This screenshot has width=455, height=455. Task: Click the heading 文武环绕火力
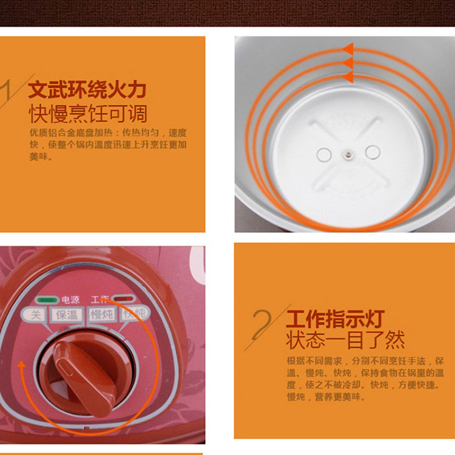(x=87, y=90)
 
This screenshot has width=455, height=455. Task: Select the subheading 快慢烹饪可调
(x=88, y=114)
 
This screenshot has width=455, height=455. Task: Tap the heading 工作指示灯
(x=335, y=319)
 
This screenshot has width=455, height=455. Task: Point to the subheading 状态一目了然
(x=345, y=340)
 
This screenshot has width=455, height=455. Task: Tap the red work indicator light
(x=124, y=299)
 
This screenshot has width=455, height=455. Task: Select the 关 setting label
(x=35, y=314)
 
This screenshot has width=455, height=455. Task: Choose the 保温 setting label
(x=67, y=314)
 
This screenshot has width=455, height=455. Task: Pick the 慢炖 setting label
(x=101, y=314)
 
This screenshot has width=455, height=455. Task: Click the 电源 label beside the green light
(x=70, y=300)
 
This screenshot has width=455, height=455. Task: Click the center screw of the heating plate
(x=348, y=154)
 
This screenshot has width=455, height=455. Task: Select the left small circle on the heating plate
(x=324, y=155)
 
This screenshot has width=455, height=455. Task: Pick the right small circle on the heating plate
(x=372, y=152)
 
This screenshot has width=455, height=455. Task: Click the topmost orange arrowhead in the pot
(x=348, y=49)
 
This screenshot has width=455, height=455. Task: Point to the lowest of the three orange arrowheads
(x=348, y=77)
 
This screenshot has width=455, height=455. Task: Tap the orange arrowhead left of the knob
(x=21, y=365)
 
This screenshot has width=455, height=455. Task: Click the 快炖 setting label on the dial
(x=134, y=314)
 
